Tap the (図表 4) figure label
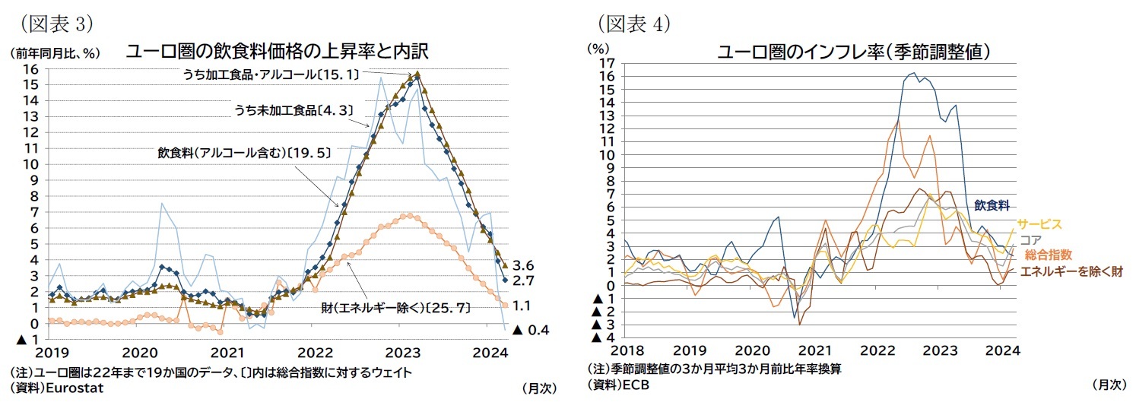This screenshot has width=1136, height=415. click(633, 24)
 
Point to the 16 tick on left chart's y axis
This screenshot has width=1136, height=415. click(31, 68)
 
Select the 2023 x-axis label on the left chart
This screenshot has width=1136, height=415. click(405, 353)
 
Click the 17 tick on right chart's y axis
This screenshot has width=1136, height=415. click(606, 62)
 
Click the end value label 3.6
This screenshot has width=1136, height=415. click(524, 266)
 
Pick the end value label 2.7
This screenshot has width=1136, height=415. click(524, 281)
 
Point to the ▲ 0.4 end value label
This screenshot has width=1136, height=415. click(530, 330)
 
